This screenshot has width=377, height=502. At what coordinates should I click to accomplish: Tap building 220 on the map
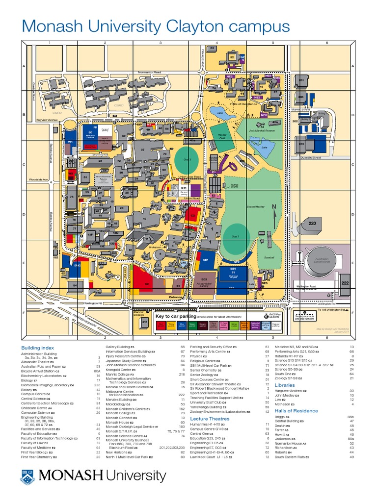coord(312,223)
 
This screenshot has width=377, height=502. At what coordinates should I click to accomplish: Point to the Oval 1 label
coord(236,236)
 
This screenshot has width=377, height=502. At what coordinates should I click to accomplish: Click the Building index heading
coord(37,348)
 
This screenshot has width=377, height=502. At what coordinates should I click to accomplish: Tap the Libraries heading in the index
coord(285,385)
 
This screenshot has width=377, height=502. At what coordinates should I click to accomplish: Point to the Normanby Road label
coord(149,72)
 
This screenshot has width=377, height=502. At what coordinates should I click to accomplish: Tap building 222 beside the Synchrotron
coord(345,283)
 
